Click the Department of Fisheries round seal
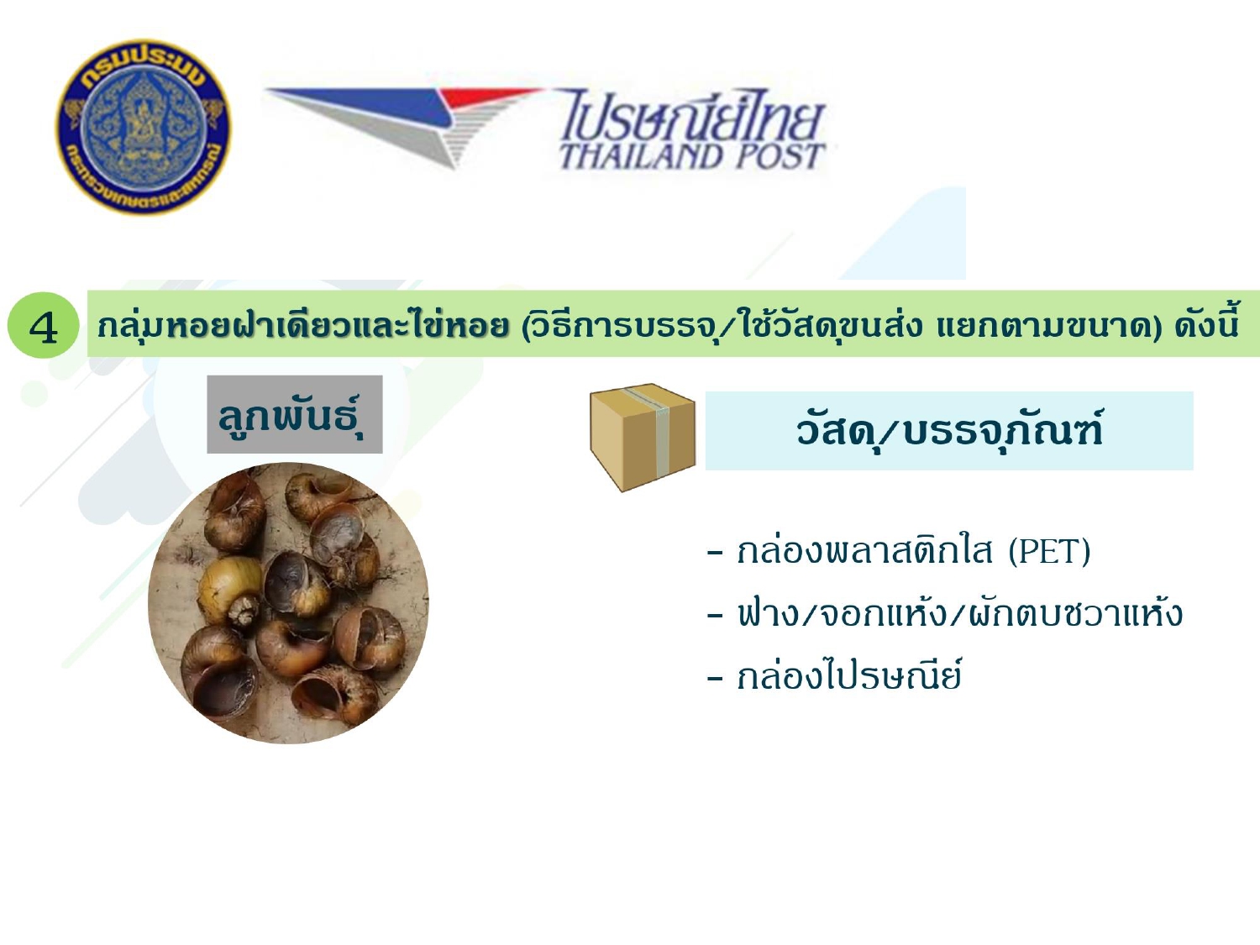143,127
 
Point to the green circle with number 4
43,325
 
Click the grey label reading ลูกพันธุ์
295,414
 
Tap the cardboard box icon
643,437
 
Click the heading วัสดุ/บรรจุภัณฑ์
948,430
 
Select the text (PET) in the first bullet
1049,551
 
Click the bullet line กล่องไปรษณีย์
833,675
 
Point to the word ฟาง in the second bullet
767,613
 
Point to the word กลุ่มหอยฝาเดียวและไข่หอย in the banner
303,325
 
